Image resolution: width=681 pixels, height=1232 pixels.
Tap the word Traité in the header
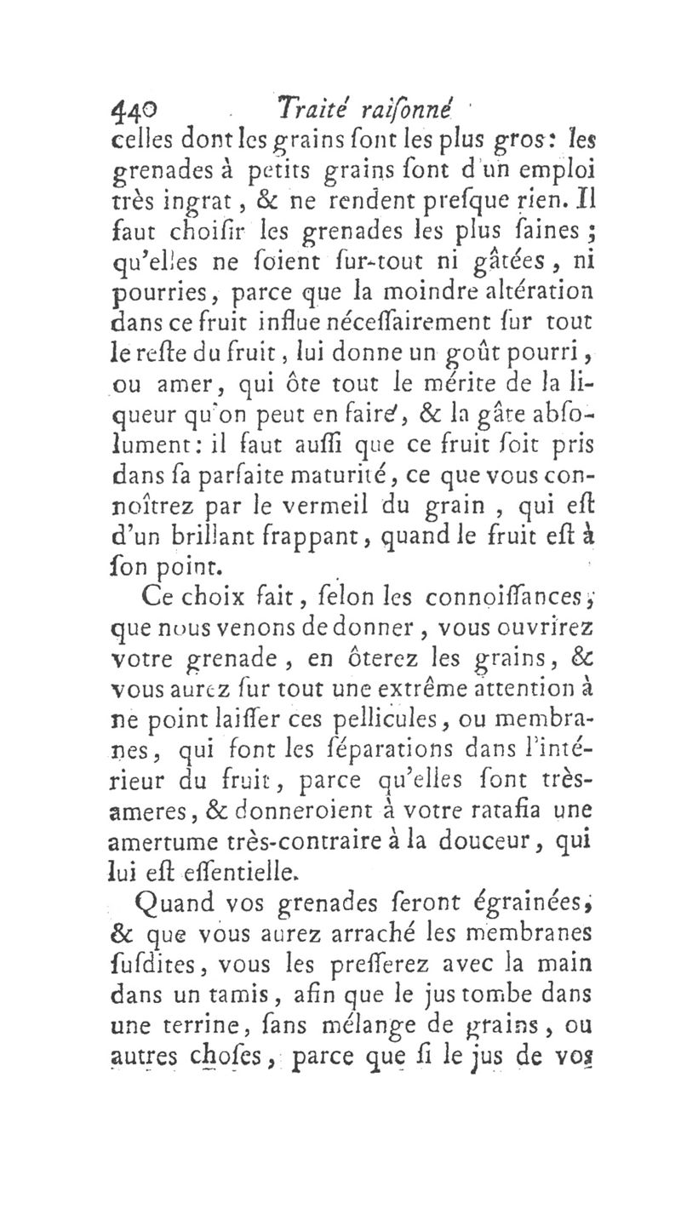pyautogui.click(x=306, y=109)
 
